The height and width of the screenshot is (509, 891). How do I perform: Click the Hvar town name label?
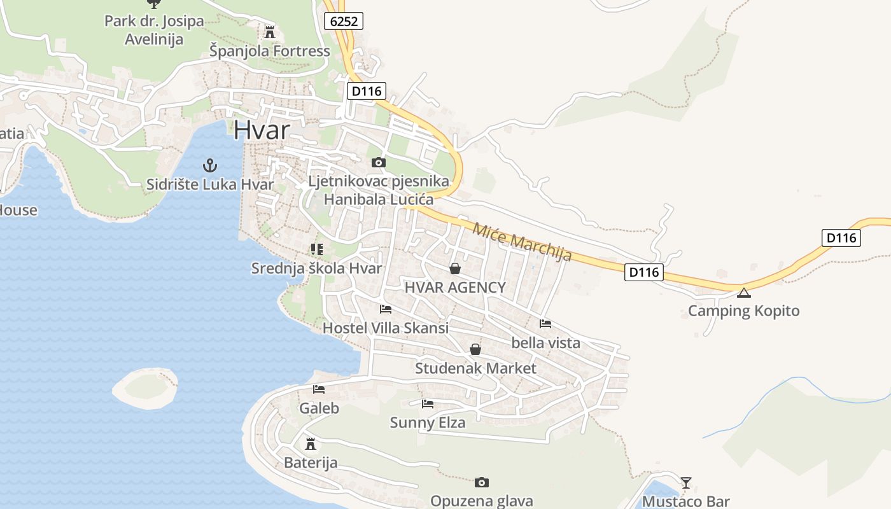click(262, 130)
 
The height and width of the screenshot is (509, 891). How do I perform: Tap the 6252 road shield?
click(344, 21)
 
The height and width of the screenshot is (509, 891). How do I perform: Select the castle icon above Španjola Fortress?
click(270, 32)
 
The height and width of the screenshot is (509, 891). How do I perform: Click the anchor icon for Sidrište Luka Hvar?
click(210, 166)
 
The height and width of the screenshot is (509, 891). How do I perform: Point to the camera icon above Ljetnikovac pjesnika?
click(379, 163)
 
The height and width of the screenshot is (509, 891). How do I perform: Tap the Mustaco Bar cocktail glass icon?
click(685, 483)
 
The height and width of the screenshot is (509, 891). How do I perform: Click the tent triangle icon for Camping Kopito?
click(743, 293)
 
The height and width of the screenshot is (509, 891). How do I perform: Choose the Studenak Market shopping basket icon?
click(475, 349)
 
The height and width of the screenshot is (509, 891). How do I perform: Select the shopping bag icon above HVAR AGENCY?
click(455, 268)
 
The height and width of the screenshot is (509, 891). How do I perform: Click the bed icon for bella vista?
click(545, 324)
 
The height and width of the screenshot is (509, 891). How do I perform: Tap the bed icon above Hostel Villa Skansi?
click(386, 310)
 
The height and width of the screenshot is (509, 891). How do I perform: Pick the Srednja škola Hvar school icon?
click(316, 249)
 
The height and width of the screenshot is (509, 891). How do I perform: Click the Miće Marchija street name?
click(522, 242)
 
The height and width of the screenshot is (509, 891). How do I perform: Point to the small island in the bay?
click(145, 387)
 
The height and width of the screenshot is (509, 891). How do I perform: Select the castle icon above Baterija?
click(311, 443)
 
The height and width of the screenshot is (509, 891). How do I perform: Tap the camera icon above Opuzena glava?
click(482, 482)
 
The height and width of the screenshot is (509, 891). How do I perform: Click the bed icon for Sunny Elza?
click(428, 403)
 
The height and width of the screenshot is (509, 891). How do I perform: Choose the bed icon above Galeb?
click(319, 389)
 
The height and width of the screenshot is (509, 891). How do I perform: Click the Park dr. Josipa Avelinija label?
click(154, 30)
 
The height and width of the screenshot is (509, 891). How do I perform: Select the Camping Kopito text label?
click(743, 311)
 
